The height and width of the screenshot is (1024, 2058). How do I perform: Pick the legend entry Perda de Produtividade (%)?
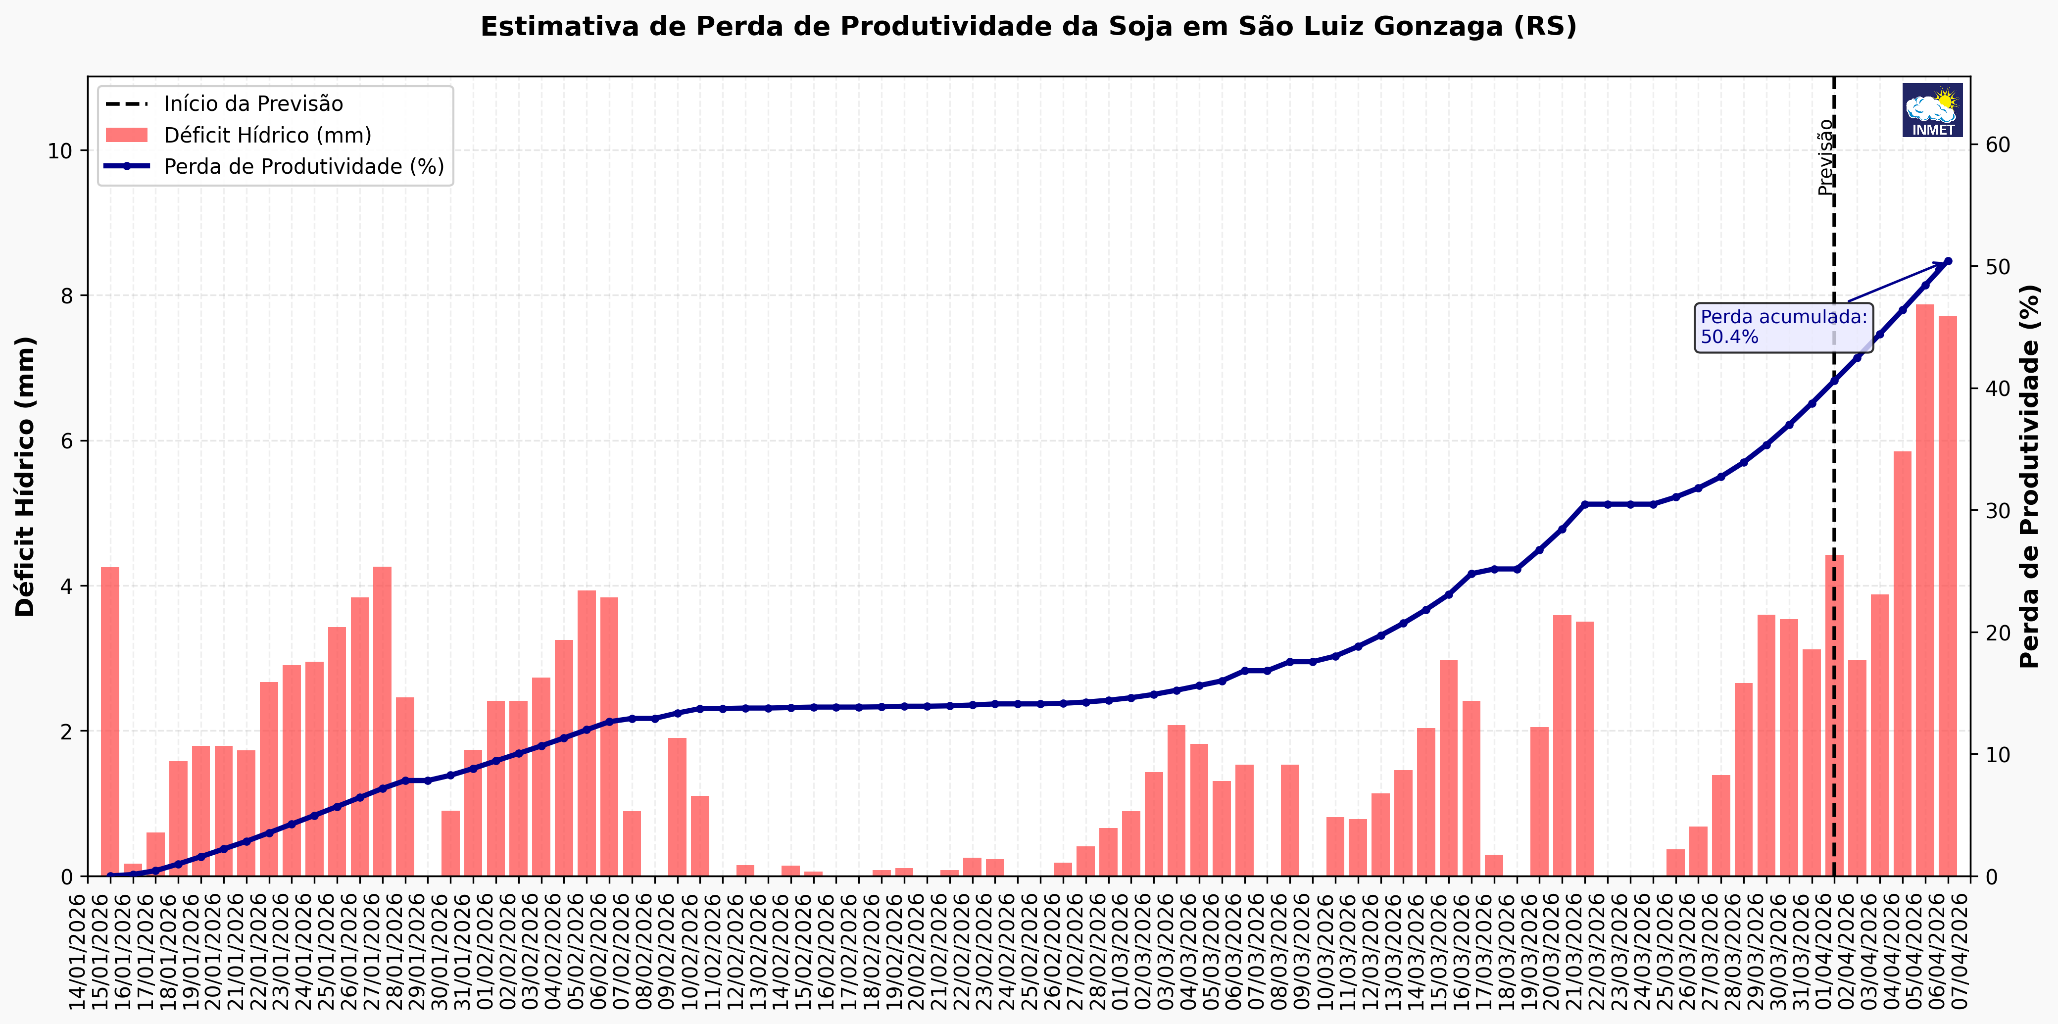(303, 166)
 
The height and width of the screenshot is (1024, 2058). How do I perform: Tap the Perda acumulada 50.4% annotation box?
(1783, 327)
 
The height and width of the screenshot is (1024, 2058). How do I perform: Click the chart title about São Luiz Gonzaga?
(1028, 26)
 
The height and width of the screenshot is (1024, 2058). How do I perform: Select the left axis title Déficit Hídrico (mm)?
(26, 476)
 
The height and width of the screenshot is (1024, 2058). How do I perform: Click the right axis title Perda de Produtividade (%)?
(2030, 476)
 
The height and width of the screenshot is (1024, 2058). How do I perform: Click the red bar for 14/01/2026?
(110, 721)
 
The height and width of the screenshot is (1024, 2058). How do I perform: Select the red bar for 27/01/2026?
(383, 721)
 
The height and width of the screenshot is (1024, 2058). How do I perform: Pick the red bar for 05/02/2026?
(587, 733)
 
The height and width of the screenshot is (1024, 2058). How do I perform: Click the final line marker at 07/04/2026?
(1948, 261)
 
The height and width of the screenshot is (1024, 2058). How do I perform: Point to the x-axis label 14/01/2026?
(78, 951)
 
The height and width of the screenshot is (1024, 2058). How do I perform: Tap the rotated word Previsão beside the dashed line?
(1825, 157)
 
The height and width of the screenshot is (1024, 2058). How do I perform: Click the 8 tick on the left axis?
(65, 295)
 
